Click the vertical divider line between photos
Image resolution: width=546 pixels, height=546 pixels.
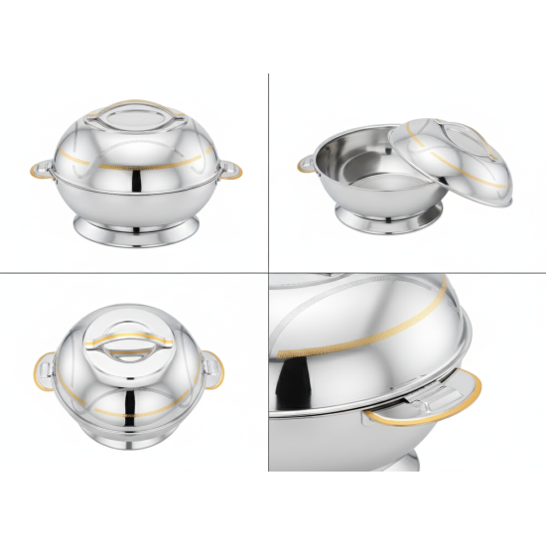click(268, 199)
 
